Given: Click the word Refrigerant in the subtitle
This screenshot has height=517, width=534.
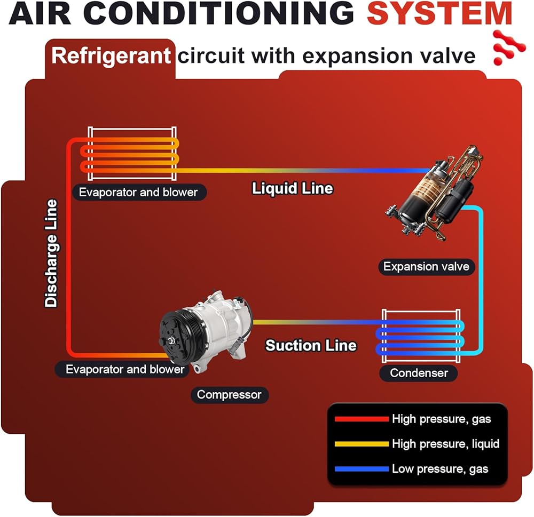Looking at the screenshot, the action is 111,55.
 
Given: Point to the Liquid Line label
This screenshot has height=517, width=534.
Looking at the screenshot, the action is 293,188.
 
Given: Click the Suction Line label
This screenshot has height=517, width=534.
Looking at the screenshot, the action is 311,345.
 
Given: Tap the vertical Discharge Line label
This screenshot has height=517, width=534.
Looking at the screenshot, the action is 51,253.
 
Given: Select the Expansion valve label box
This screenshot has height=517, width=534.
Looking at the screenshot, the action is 426,266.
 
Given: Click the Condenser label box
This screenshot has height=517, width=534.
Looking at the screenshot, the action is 419,373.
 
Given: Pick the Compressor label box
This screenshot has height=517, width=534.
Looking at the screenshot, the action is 229,395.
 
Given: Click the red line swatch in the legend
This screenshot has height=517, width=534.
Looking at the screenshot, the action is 361,419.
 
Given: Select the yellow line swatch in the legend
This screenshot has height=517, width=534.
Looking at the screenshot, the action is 361,444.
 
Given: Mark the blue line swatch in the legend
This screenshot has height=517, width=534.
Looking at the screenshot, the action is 361,469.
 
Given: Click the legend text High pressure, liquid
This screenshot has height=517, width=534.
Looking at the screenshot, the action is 445,444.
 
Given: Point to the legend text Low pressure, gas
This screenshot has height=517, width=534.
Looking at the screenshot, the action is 440,469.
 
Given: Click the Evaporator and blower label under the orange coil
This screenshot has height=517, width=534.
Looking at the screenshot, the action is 138,192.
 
